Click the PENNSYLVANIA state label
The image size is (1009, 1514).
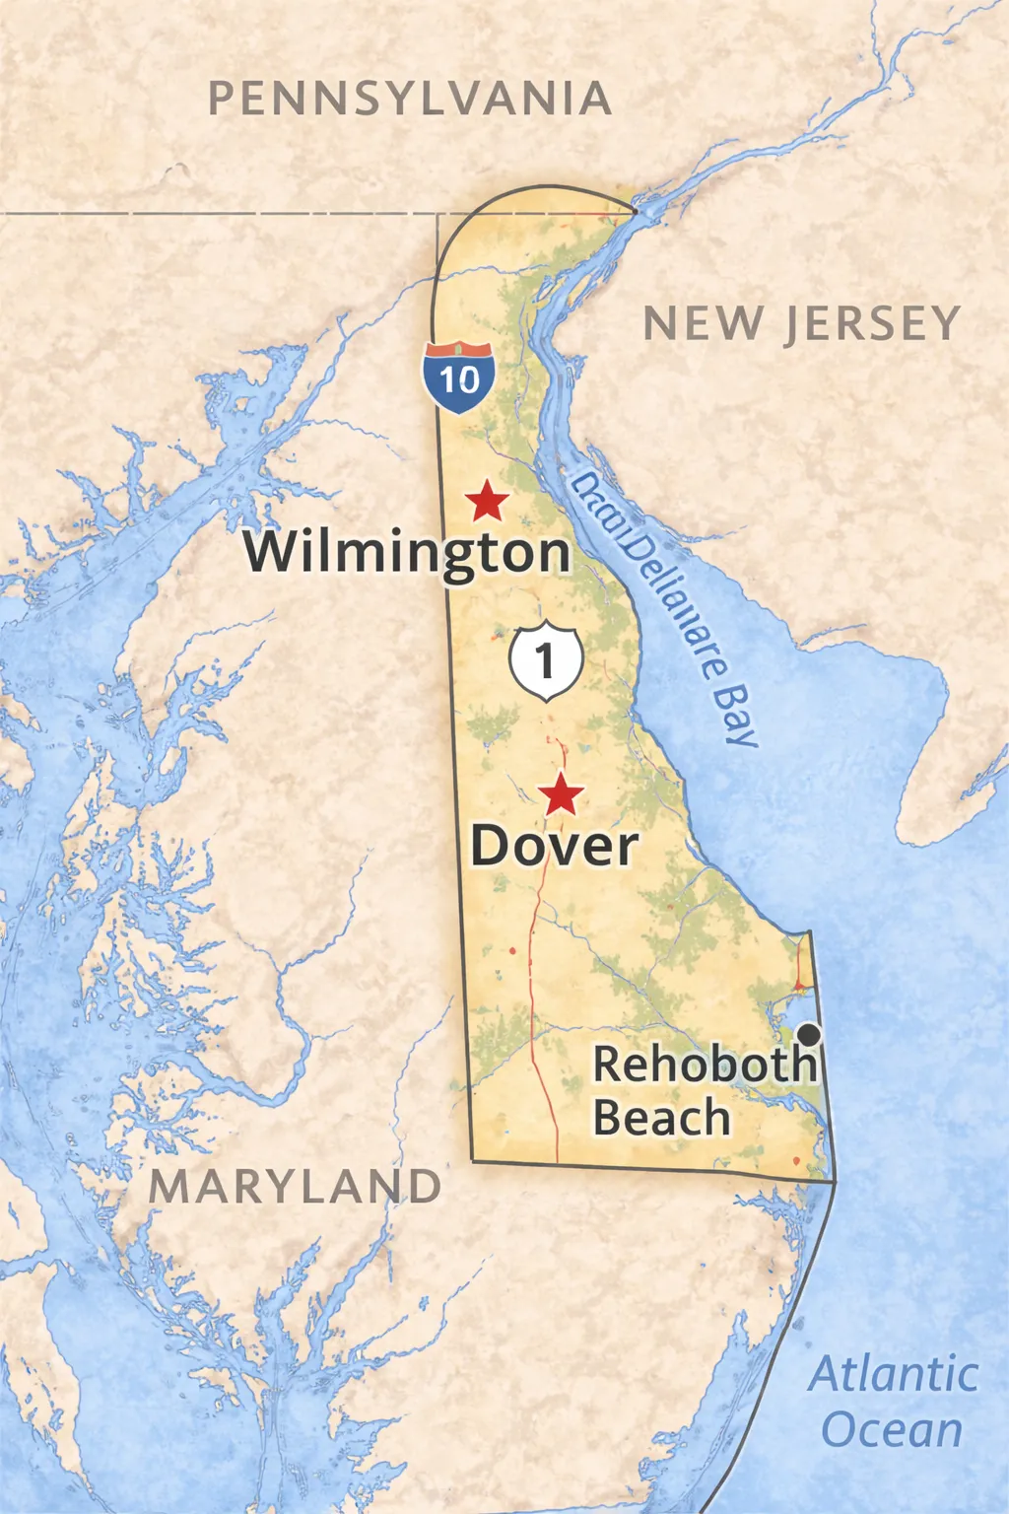point(410,99)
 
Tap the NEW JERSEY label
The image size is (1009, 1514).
point(801,323)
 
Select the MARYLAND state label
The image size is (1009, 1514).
point(295,1186)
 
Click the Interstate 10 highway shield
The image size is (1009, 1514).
point(459,376)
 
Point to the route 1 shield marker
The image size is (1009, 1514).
point(546,660)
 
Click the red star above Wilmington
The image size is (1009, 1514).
point(487,501)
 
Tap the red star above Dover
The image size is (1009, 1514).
point(562,793)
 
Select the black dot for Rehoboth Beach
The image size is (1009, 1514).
point(809,1034)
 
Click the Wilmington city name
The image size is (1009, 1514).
point(407,552)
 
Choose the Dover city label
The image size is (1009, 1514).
point(554,846)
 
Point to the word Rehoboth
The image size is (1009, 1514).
point(705,1065)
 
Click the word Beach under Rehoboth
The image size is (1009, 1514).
point(661,1118)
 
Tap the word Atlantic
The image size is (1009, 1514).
point(894,1374)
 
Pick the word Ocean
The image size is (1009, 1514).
point(892,1429)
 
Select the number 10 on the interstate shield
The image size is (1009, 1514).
point(459,379)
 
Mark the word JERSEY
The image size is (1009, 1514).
point(872,324)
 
